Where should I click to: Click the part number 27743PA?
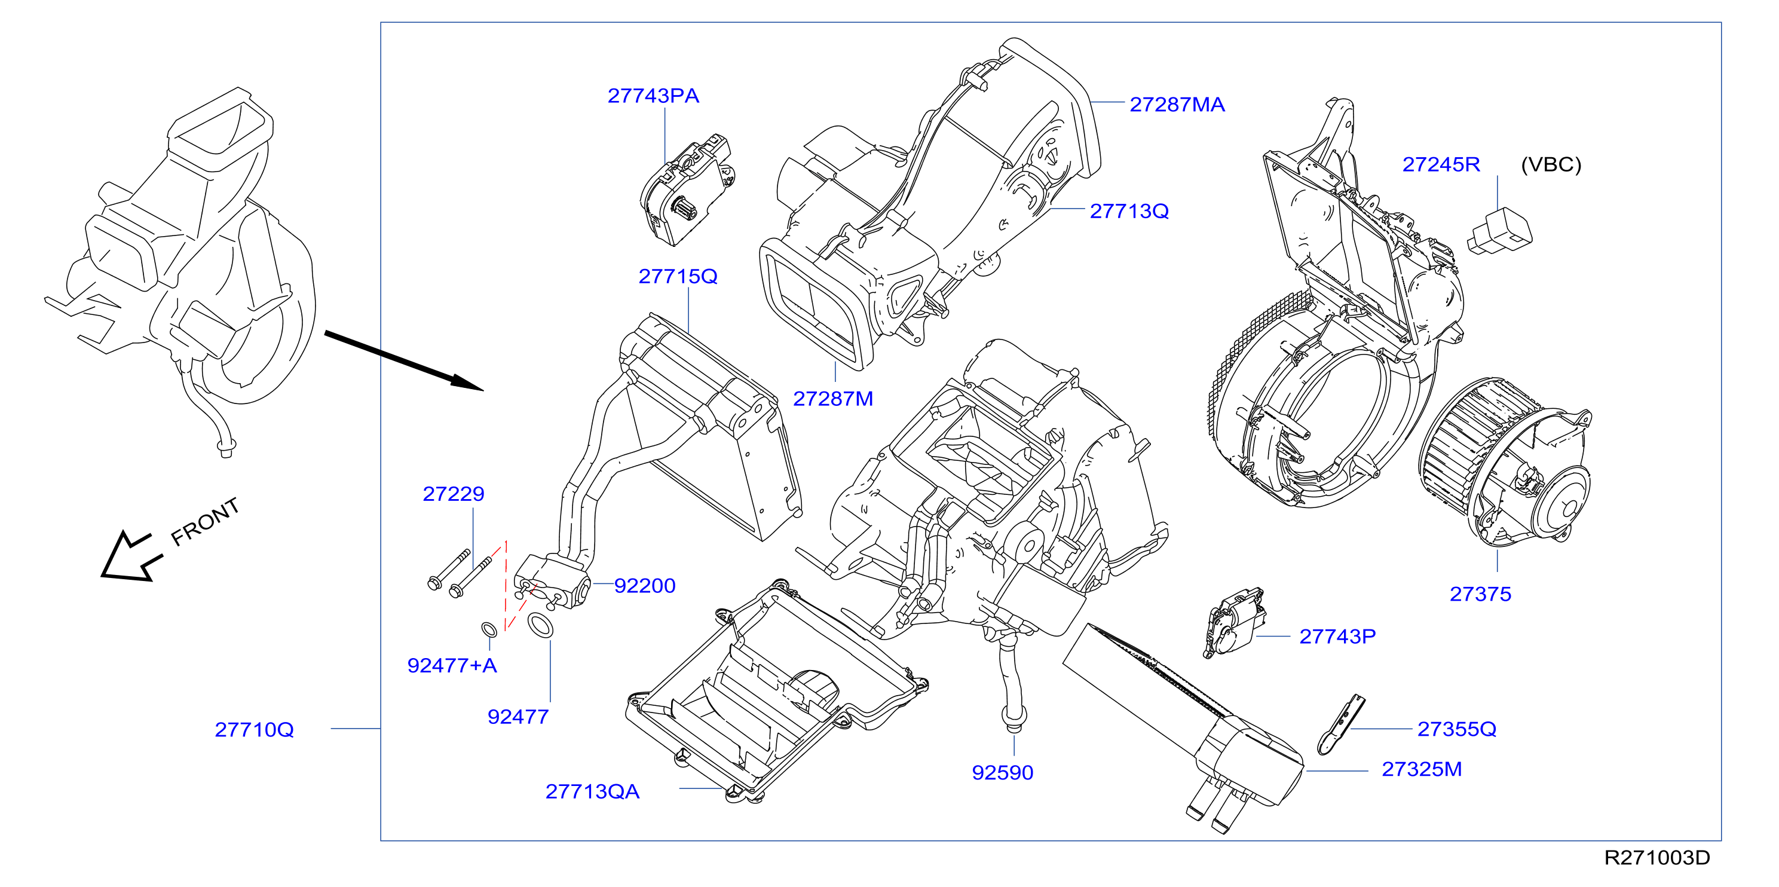click(653, 96)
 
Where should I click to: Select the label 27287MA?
click(1177, 105)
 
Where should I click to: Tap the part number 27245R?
click(1441, 164)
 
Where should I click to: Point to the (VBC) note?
click(1551, 164)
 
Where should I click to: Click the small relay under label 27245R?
click(1499, 231)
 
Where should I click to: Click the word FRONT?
click(205, 522)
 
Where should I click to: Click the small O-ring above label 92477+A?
click(489, 630)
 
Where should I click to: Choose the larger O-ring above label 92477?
click(540, 625)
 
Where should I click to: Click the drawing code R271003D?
click(1656, 858)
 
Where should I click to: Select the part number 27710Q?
click(254, 729)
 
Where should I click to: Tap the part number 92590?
click(1002, 772)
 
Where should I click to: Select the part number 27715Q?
click(678, 276)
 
